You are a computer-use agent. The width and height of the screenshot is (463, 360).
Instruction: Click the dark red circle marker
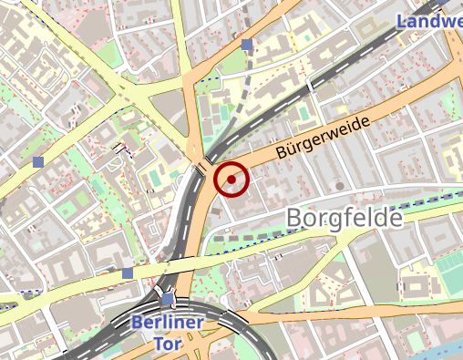click(x=231, y=180)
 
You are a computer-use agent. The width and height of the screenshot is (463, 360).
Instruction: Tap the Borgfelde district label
click(x=345, y=219)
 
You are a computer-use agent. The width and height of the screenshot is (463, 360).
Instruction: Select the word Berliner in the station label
click(x=167, y=322)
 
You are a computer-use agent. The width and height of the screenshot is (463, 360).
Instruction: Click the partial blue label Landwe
click(x=430, y=20)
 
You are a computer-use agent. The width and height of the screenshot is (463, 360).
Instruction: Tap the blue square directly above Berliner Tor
click(x=166, y=299)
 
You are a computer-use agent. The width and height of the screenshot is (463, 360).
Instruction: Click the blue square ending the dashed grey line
click(x=247, y=44)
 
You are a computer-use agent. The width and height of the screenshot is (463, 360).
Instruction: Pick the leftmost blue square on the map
click(x=37, y=161)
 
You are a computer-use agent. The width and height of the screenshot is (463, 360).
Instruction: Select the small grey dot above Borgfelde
click(x=340, y=186)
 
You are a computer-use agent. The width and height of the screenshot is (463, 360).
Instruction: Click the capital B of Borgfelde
click(x=295, y=219)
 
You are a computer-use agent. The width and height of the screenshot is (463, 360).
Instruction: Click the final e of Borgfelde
click(x=395, y=219)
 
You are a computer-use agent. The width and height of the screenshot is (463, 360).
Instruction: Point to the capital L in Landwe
click(x=404, y=20)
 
